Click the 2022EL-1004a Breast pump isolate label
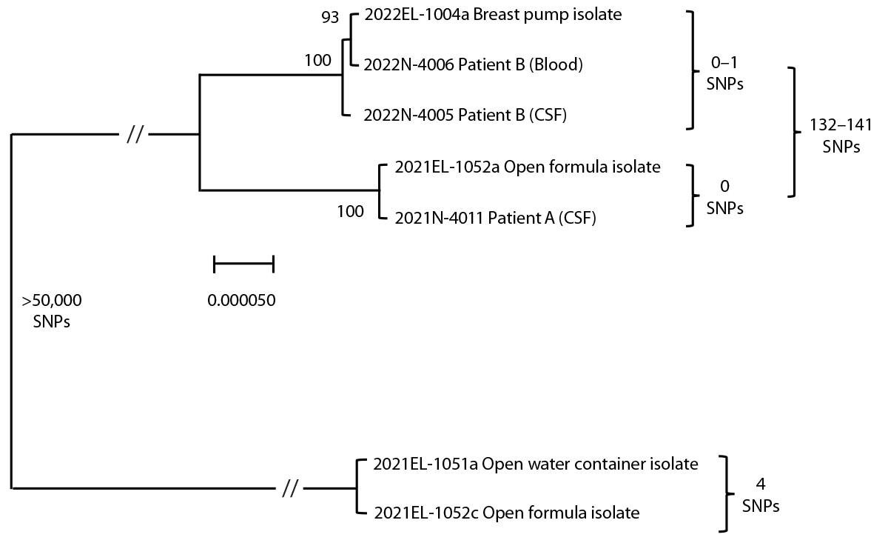point(493,15)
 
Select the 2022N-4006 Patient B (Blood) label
point(474,64)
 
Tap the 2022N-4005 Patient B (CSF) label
point(465,115)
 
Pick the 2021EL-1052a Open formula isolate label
point(528,167)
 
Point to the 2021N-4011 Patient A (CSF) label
point(496,218)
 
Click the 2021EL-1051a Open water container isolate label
point(536,464)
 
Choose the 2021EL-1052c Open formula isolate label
point(507,513)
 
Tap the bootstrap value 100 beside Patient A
point(351,211)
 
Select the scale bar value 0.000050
point(241,301)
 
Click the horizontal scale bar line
point(243,263)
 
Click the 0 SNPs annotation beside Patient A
point(725,196)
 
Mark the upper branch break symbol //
point(135,135)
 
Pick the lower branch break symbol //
point(290,488)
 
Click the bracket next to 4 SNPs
point(728,493)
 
